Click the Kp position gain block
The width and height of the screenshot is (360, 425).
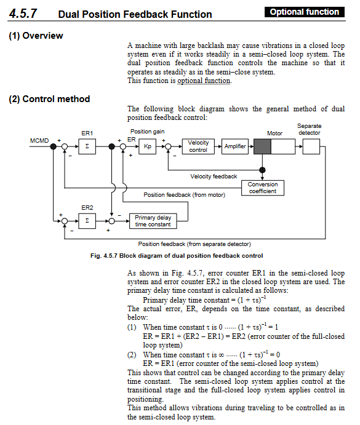pyautogui.click(x=147, y=146)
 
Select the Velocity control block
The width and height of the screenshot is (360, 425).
pyautogui.click(x=198, y=146)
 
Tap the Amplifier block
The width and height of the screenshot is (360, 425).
pyautogui.click(x=235, y=146)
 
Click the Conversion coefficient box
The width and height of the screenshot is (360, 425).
pyautogui.click(x=263, y=188)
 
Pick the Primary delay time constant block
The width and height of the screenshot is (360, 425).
pyautogui.click(x=153, y=221)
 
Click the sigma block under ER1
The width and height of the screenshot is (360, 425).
pyautogui.click(x=87, y=146)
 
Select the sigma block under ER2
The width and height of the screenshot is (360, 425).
pyautogui.click(x=87, y=221)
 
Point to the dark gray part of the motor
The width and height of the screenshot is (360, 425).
pyautogui.click(x=262, y=146)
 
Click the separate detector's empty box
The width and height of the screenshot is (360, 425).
pyautogui.click(x=311, y=146)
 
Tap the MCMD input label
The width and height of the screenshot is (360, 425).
pyautogui.click(x=39, y=141)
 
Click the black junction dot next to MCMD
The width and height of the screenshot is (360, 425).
pyautogui.click(x=54, y=146)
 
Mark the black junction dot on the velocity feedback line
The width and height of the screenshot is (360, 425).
pyautogui.click(x=262, y=170)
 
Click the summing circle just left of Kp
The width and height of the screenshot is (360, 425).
pyautogui.click(x=123, y=146)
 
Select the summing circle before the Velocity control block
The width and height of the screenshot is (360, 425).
pyautogui.click(x=168, y=146)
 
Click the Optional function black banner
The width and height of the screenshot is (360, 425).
pyautogui.click(x=305, y=12)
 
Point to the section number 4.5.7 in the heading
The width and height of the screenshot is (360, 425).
pyautogui.click(x=23, y=14)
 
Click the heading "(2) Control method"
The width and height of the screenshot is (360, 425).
pyautogui.click(x=49, y=99)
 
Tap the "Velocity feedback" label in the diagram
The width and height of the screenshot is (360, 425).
pyautogui.click(x=214, y=177)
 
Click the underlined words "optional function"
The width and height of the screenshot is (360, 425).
pyautogui.click(x=204, y=81)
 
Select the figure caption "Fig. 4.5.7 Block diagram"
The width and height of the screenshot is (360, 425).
pyautogui.click(x=177, y=256)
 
